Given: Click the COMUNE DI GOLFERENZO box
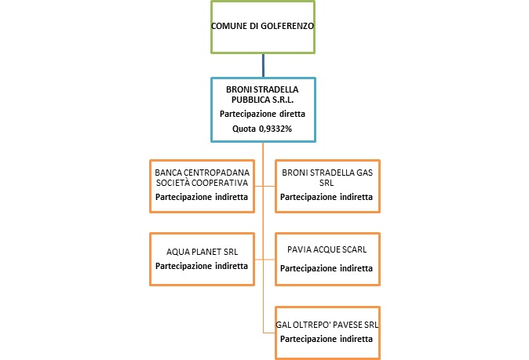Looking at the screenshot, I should pos(263,27).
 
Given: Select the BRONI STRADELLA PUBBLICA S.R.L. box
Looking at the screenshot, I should pos(263,109).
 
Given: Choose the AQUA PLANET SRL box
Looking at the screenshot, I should pos(202,258).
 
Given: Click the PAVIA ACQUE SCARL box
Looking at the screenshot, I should pos(327,258).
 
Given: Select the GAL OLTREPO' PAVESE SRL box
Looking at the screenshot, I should pos(327,331).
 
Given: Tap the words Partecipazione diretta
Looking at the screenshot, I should pos(262,114).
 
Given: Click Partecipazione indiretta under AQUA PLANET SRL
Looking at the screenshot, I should pos(202,266).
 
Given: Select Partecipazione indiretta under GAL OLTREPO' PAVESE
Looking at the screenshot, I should pos(327,339).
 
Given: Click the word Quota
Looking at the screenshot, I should pos(245,128).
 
